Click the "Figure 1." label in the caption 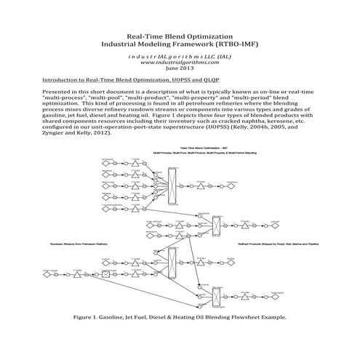(x=91, y=318)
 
